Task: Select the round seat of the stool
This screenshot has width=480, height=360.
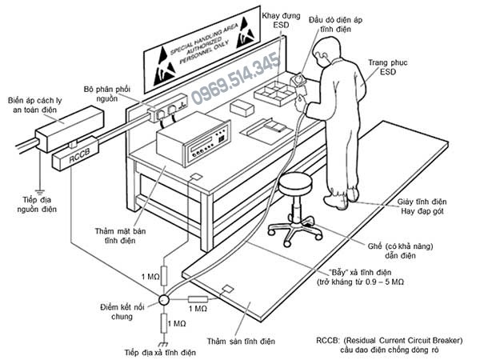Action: pyautogui.click(x=296, y=182)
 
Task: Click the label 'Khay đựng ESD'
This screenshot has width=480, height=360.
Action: pyautogui.click(x=276, y=20)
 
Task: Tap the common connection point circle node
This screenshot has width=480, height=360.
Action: pyautogui.click(x=162, y=301)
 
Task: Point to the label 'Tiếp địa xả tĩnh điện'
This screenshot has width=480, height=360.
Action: pyautogui.click(x=160, y=352)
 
